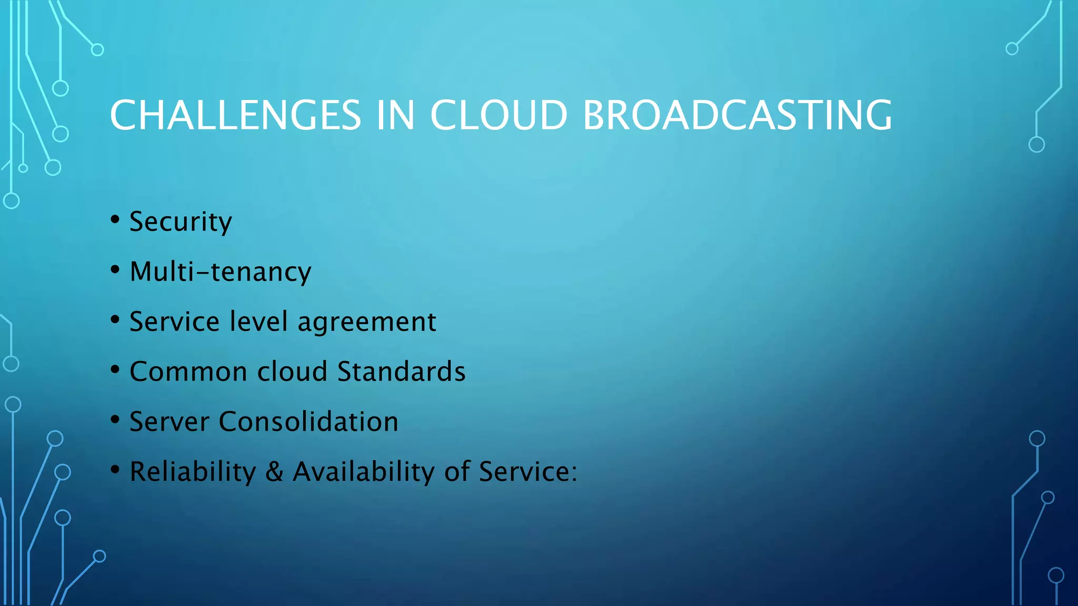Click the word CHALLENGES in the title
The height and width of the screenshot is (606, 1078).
[235, 115]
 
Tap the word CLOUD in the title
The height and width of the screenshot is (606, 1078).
[498, 115]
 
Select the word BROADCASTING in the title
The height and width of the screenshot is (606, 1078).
[737, 115]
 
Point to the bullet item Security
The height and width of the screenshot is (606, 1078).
[181, 221]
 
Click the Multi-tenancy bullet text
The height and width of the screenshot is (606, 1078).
[221, 272]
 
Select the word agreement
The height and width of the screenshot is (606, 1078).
[367, 322]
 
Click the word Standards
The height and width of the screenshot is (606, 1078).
[401, 371]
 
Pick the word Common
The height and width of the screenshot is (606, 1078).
[188, 371]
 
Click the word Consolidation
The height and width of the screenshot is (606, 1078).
[308, 421]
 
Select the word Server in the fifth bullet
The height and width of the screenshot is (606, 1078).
[169, 421]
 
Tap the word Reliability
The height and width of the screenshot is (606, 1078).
[193, 471]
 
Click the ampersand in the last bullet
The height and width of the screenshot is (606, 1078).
[274, 471]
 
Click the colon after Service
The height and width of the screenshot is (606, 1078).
[574, 472]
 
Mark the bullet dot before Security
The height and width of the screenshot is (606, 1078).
[115, 219]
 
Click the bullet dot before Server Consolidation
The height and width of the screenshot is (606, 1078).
[115, 419]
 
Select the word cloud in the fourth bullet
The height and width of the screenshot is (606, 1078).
[292, 371]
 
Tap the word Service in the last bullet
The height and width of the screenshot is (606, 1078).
[524, 471]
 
